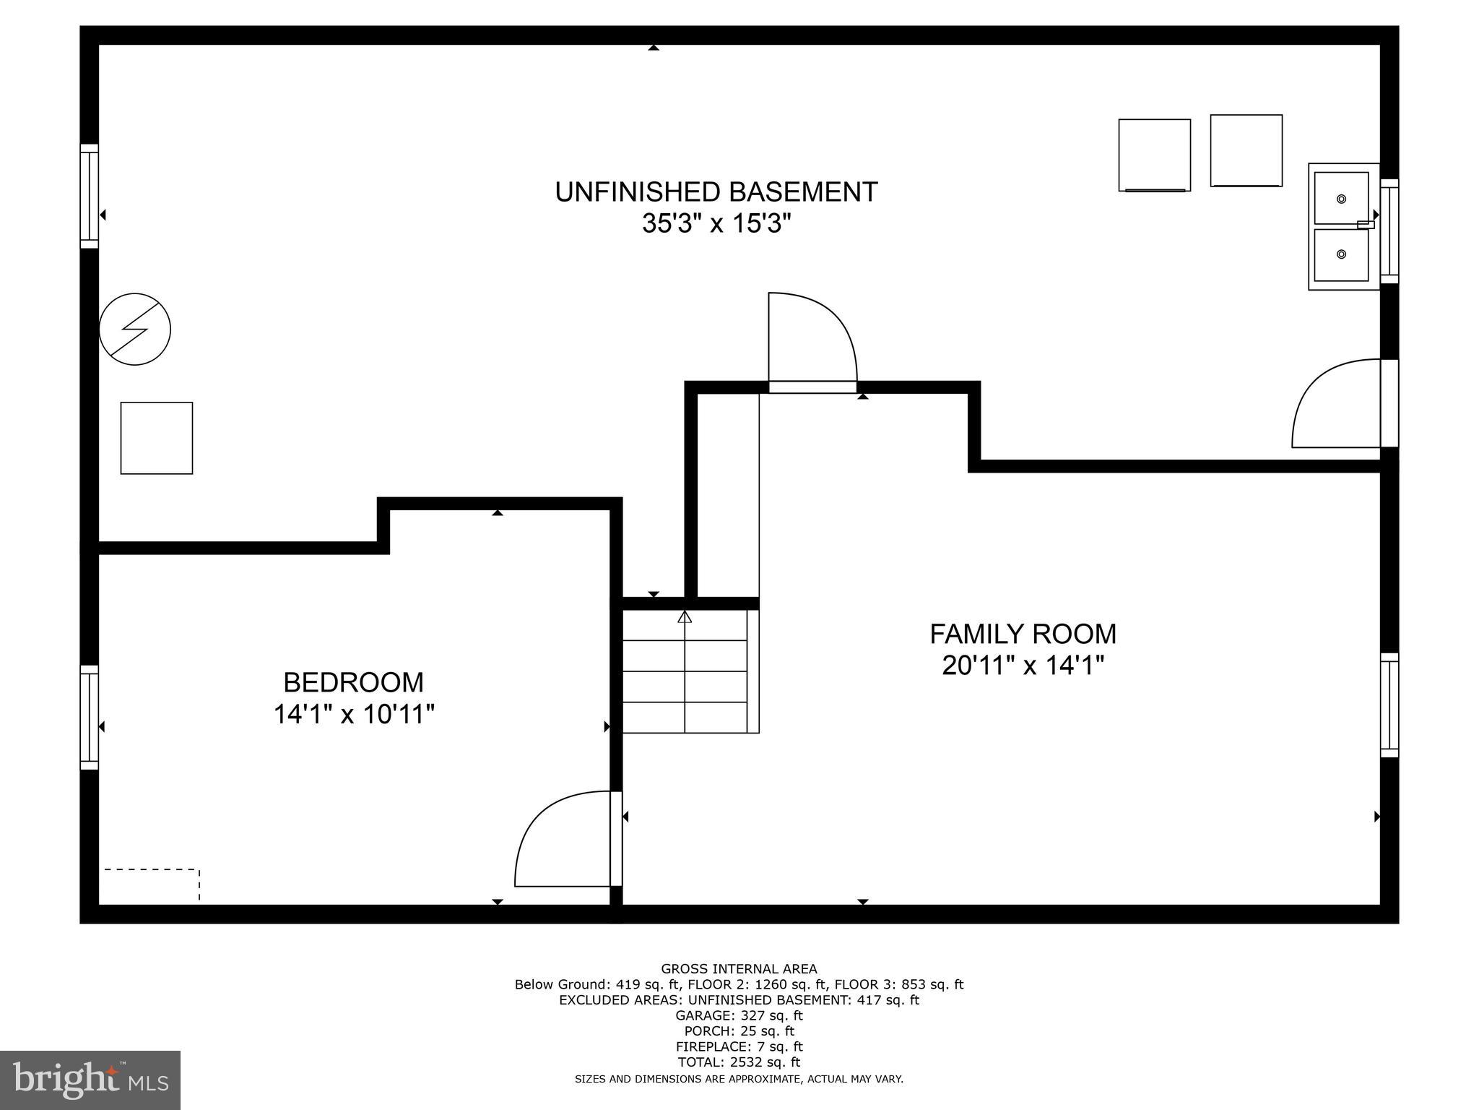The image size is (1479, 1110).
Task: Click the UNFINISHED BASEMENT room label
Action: [x=716, y=192]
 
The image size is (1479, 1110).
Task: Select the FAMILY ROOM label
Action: [x=1023, y=634]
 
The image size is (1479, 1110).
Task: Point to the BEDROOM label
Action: [x=353, y=682]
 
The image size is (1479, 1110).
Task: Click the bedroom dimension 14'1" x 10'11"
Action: [x=353, y=715]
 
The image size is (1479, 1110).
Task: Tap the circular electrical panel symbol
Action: [x=135, y=329]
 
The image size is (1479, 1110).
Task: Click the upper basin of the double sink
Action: [x=1340, y=198]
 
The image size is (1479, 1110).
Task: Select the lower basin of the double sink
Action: [x=1340, y=254]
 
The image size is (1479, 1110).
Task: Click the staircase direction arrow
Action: [x=685, y=617]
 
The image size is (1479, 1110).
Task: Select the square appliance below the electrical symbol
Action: [x=157, y=438]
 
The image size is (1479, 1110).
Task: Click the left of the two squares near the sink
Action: [x=1154, y=155]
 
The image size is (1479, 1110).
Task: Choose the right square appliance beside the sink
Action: [x=1246, y=150]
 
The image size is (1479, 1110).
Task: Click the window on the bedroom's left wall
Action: [x=89, y=717]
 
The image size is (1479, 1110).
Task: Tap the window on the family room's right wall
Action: [x=1389, y=705]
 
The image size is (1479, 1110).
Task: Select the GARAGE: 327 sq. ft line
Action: [x=738, y=1015]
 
